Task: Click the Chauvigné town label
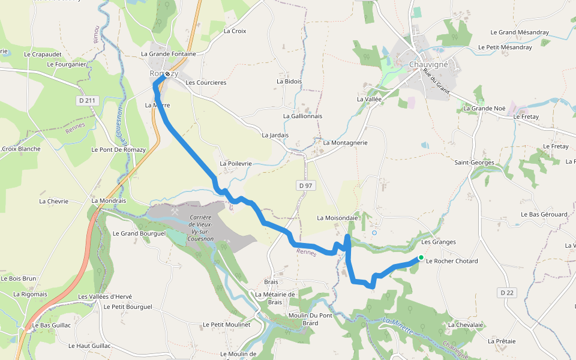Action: click(x=429, y=64)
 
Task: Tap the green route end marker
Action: click(x=421, y=257)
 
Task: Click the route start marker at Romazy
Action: click(x=167, y=74)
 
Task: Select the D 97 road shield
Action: click(x=305, y=186)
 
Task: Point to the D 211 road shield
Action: click(x=87, y=101)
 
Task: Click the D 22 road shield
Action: click(x=507, y=293)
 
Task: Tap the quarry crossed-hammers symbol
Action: click(x=175, y=211)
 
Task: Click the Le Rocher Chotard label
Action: click(x=452, y=261)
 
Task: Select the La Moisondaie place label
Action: click(x=337, y=218)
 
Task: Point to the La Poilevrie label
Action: click(x=236, y=163)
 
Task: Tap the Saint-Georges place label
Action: click(x=474, y=163)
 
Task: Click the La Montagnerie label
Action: click(x=345, y=143)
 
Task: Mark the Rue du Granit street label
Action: click(x=436, y=80)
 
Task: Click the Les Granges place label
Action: click(x=439, y=242)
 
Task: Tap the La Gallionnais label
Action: click(x=302, y=116)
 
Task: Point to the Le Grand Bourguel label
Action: click(x=139, y=233)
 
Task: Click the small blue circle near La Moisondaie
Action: click(x=374, y=232)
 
